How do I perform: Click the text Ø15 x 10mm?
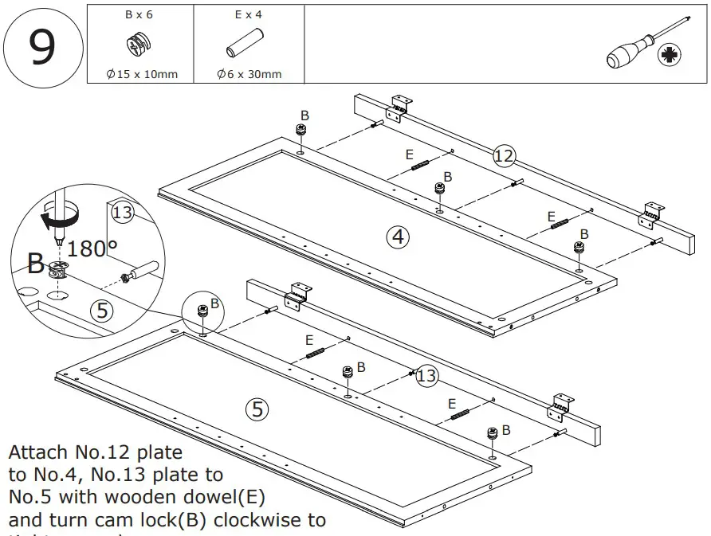(x=141, y=75)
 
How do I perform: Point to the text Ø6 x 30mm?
(x=249, y=75)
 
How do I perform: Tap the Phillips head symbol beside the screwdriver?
(x=668, y=56)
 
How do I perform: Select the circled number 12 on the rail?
(x=503, y=155)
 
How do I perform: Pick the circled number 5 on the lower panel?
(x=256, y=409)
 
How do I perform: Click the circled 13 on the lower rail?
(x=426, y=375)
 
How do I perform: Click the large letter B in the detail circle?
(x=36, y=262)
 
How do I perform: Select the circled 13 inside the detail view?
(x=122, y=213)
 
